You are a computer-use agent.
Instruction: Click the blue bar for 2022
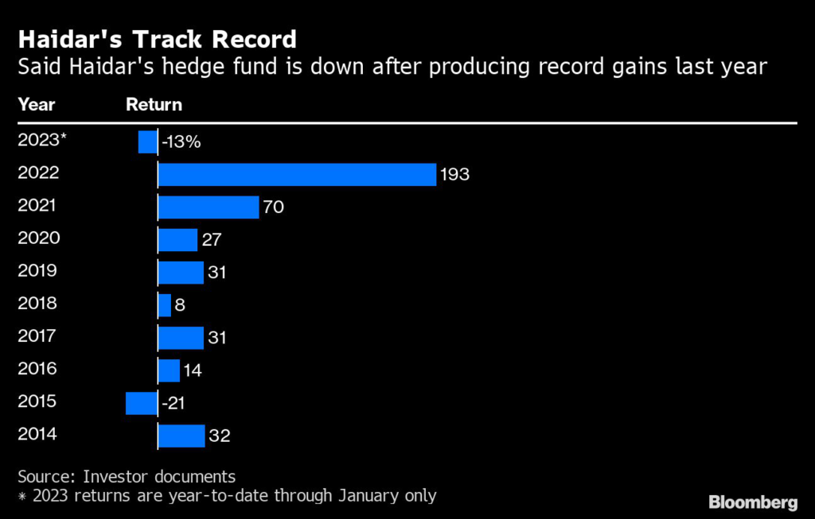coord(297,174)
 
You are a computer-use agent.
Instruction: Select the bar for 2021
coord(209,207)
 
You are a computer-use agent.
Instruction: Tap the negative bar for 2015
coord(142,403)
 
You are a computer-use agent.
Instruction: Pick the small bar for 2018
coord(165,305)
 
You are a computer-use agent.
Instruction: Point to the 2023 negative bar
coord(148,142)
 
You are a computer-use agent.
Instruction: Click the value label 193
coord(455,175)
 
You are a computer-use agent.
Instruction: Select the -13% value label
coord(181,142)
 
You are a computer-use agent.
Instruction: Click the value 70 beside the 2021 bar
coord(273,207)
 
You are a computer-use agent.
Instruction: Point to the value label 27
coord(211,240)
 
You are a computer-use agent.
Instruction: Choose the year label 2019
coord(37,270)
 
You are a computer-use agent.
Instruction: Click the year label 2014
coord(37,434)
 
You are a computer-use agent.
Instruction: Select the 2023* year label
coord(42,140)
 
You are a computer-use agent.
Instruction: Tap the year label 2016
coord(37,369)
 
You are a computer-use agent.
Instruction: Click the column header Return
coord(154,104)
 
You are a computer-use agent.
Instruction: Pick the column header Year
coord(37,104)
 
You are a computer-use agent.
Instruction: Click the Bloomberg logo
coord(753,502)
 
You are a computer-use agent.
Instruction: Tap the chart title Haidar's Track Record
coord(157,39)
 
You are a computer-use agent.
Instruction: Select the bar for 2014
coord(181,436)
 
